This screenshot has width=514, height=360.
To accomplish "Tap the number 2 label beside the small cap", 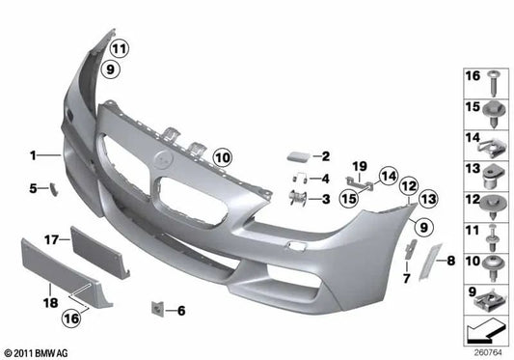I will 326,155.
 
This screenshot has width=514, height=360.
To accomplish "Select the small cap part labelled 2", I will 296,154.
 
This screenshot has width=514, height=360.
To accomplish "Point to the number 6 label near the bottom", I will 326,179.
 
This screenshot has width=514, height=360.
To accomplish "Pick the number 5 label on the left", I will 32,188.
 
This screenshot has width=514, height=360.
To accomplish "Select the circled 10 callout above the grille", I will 223,155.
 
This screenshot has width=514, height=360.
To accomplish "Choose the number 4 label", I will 326,179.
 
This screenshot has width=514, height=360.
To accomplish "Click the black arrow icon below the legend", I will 486,333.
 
